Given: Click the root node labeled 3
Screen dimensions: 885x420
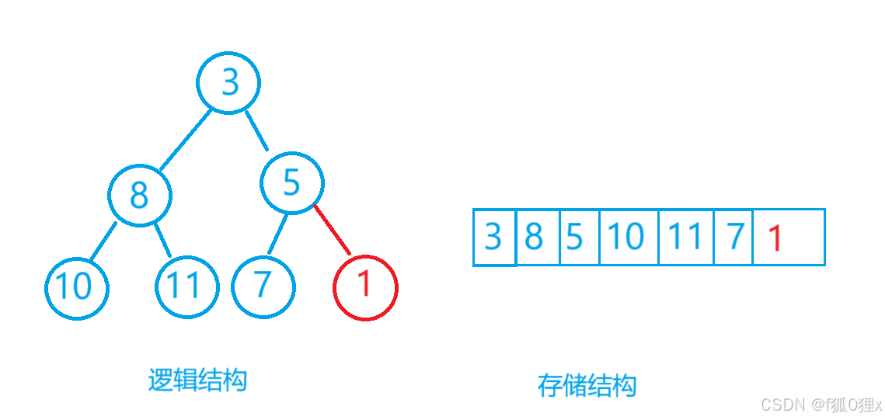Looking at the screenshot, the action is (x=228, y=82).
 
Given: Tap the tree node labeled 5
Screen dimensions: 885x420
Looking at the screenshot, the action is (x=291, y=182).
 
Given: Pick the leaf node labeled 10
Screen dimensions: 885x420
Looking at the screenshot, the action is (x=76, y=287).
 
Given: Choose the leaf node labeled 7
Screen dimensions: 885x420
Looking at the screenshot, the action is (x=263, y=285).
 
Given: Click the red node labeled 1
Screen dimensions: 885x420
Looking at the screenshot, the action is (x=365, y=286).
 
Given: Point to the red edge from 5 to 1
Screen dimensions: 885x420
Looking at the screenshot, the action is (x=332, y=230).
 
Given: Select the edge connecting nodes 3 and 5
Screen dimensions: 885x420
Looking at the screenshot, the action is (x=256, y=130).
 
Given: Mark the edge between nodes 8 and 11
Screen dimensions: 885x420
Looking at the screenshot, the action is (x=163, y=240).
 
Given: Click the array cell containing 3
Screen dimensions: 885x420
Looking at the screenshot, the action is (x=493, y=237).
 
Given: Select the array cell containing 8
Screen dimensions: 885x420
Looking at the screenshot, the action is (x=537, y=237).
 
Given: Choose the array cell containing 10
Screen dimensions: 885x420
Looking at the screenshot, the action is (x=628, y=237).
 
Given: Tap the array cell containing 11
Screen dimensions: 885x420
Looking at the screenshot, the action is (x=685, y=237).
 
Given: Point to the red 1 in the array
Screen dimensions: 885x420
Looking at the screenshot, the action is (x=775, y=238).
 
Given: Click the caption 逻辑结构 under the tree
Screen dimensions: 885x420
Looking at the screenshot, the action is (x=197, y=380).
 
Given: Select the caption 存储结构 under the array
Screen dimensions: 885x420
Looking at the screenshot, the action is (x=587, y=385).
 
